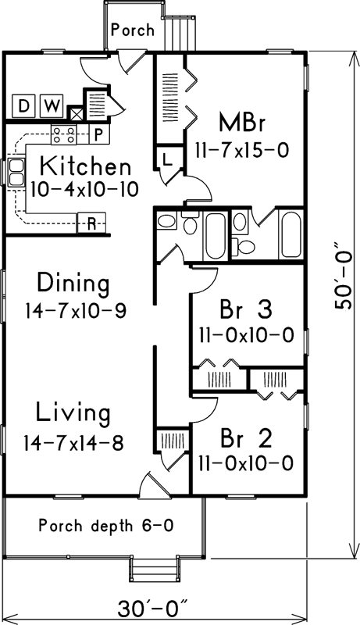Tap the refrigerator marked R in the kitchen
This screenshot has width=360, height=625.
coord(91,223)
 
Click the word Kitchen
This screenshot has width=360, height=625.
coord(84,166)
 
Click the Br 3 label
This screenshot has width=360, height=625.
coord(245,310)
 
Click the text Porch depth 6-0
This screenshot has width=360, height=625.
coord(106,526)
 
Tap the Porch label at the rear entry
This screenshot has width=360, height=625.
coord(132,30)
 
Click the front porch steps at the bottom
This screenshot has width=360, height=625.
coord(153,569)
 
